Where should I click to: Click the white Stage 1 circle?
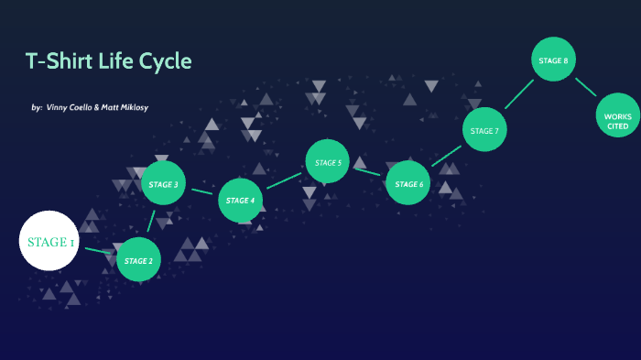click(x=50, y=242)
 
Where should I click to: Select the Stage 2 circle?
click(x=139, y=260)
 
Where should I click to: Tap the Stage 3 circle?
click(x=163, y=184)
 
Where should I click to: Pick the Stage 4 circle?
click(x=241, y=201)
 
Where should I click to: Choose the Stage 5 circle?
click(x=328, y=162)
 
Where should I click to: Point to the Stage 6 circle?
click(x=408, y=183)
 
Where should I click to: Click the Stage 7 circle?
click(x=484, y=131)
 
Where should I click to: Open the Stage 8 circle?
click(x=553, y=60)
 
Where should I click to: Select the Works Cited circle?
click(x=617, y=120)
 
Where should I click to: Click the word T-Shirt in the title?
click(x=59, y=61)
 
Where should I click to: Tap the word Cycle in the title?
click(x=167, y=61)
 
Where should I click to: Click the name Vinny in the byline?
click(x=58, y=107)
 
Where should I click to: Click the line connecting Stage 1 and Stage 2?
click(x=99, y=250)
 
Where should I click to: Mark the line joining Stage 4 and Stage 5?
click(x=284, y=181)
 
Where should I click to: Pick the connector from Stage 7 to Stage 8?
click(x=518, y=94)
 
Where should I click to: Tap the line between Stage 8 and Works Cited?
click(x=586, y=87)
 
